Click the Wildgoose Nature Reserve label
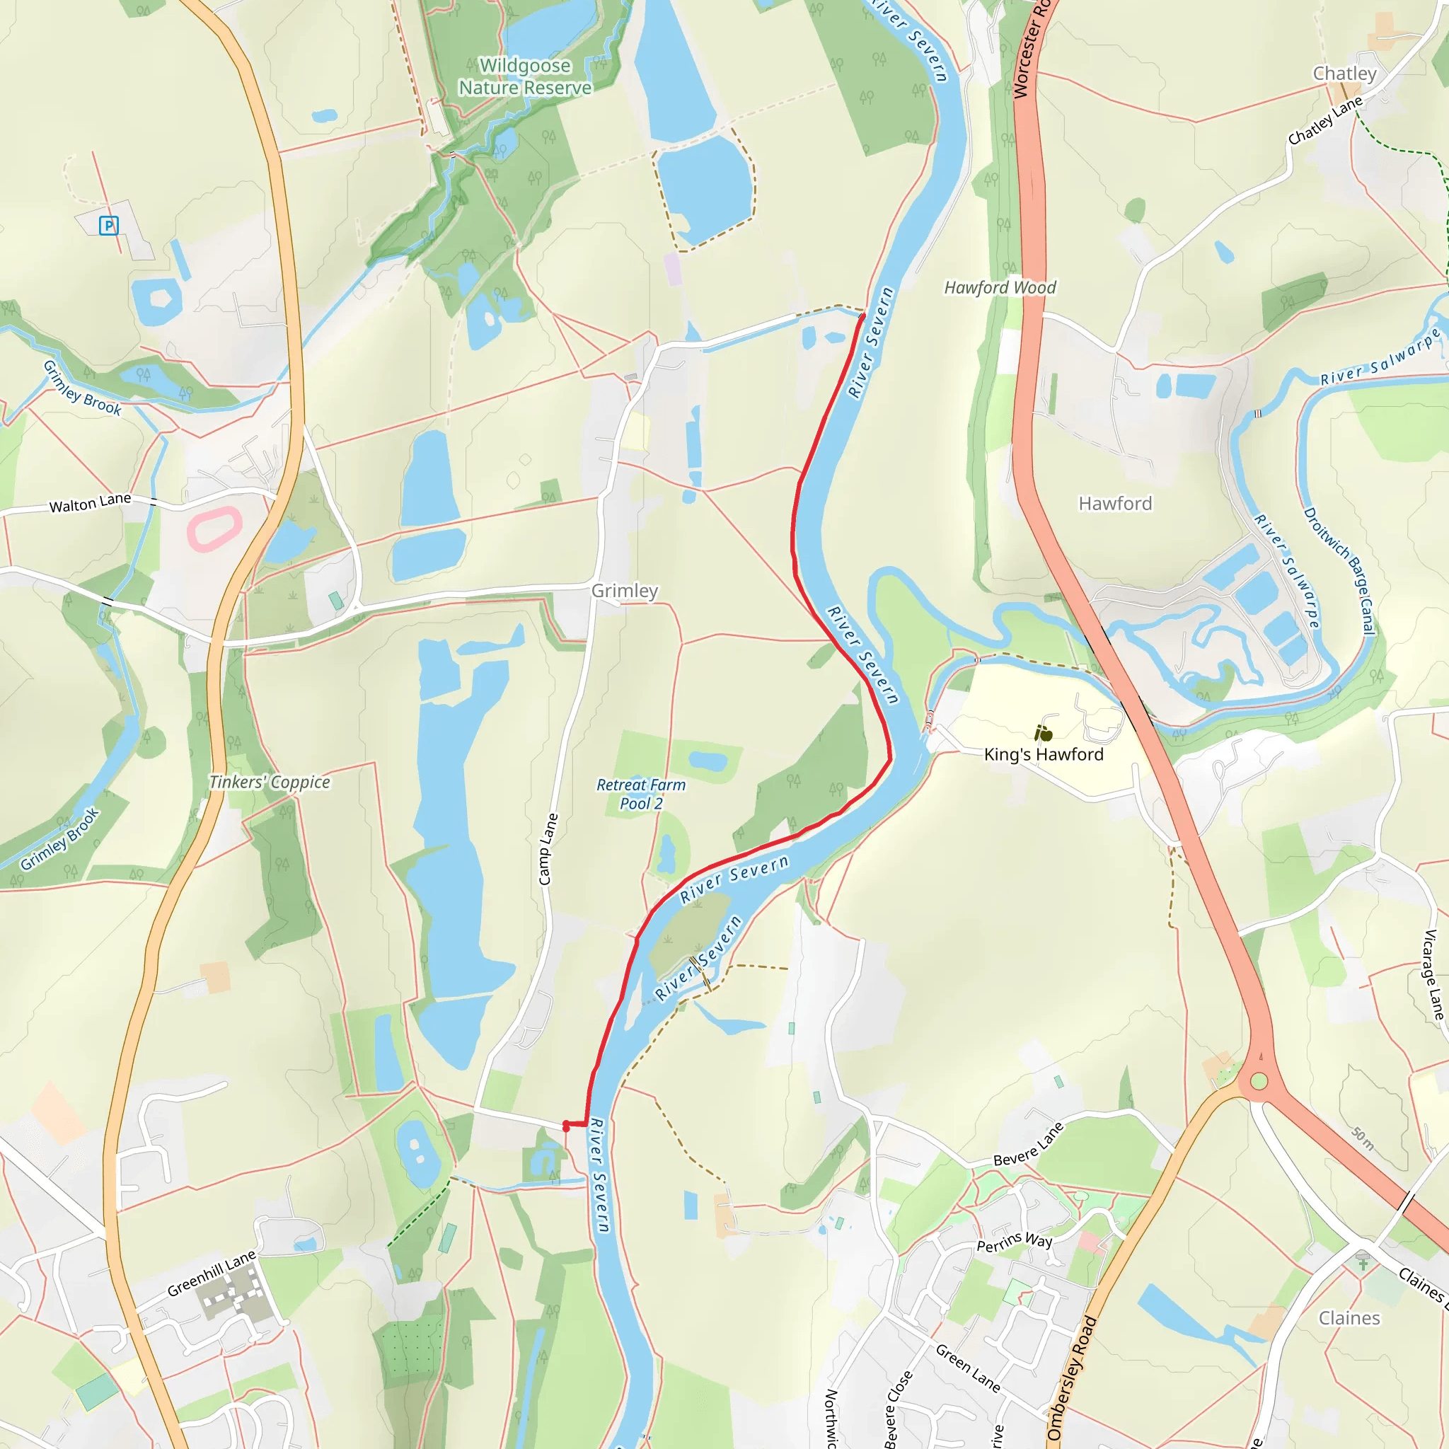525,76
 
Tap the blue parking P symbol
109,225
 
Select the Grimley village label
625,591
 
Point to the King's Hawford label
1044,754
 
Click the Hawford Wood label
1000,287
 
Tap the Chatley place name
1345,74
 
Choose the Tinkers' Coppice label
270,783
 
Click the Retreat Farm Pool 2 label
641,795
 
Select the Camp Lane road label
548,849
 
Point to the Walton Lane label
90,502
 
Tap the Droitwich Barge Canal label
1339,571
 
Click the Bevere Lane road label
1028,1145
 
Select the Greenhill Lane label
211,1274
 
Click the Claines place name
1349,1317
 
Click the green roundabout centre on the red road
1259,1081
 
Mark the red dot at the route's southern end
566,1126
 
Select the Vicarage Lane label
1433,975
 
